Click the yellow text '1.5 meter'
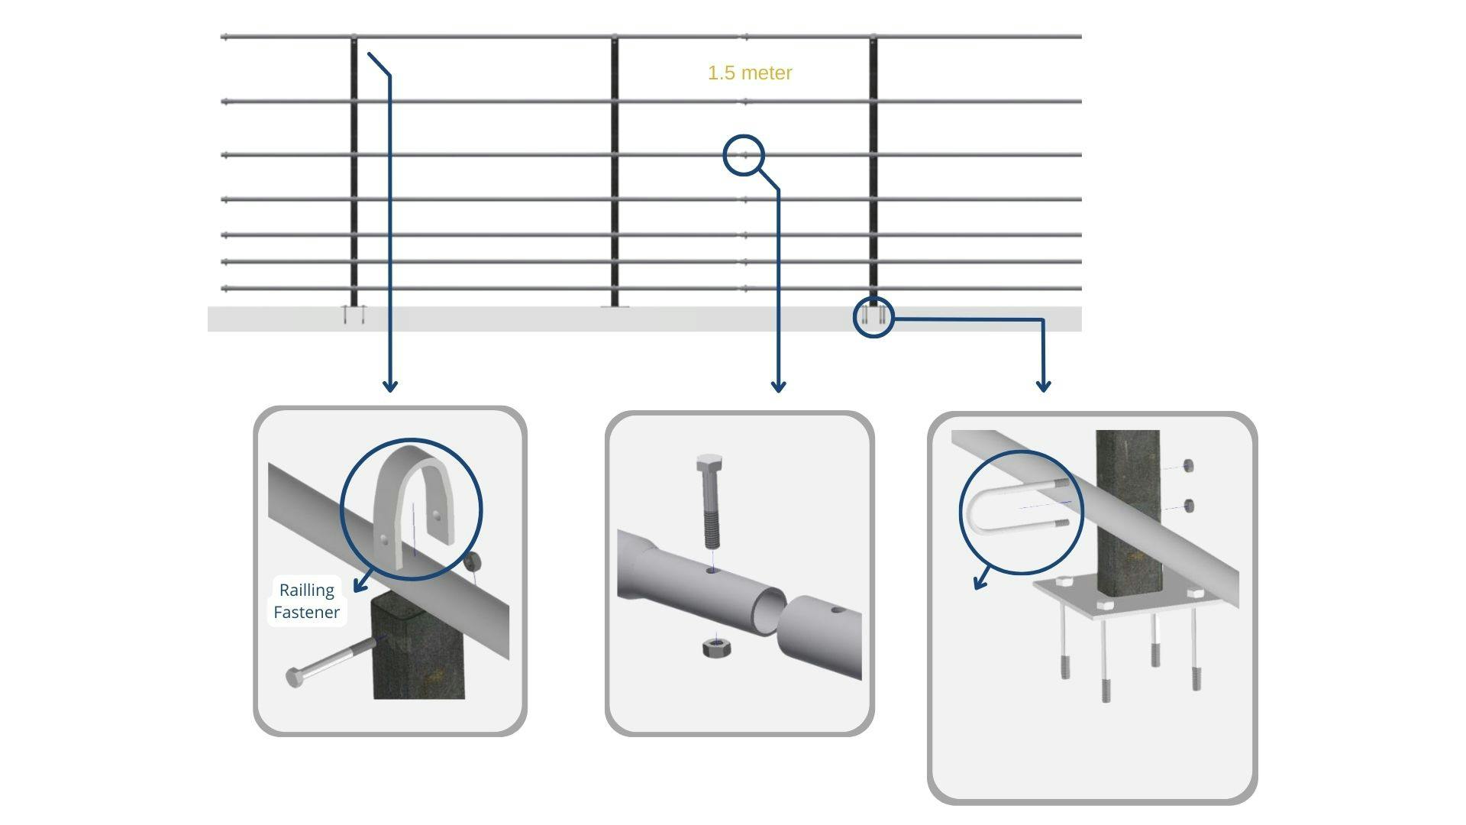point(750,73)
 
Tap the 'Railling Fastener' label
point(307,601)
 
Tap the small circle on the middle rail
point(743,155)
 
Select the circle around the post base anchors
point(873,317)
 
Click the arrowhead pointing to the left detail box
point(390,386)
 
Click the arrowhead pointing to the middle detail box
point(778,386)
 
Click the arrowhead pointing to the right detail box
point(1043,386)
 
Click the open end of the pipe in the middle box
point(769,610)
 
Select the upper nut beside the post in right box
point(1187,466)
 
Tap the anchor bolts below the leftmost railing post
point(354,315)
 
